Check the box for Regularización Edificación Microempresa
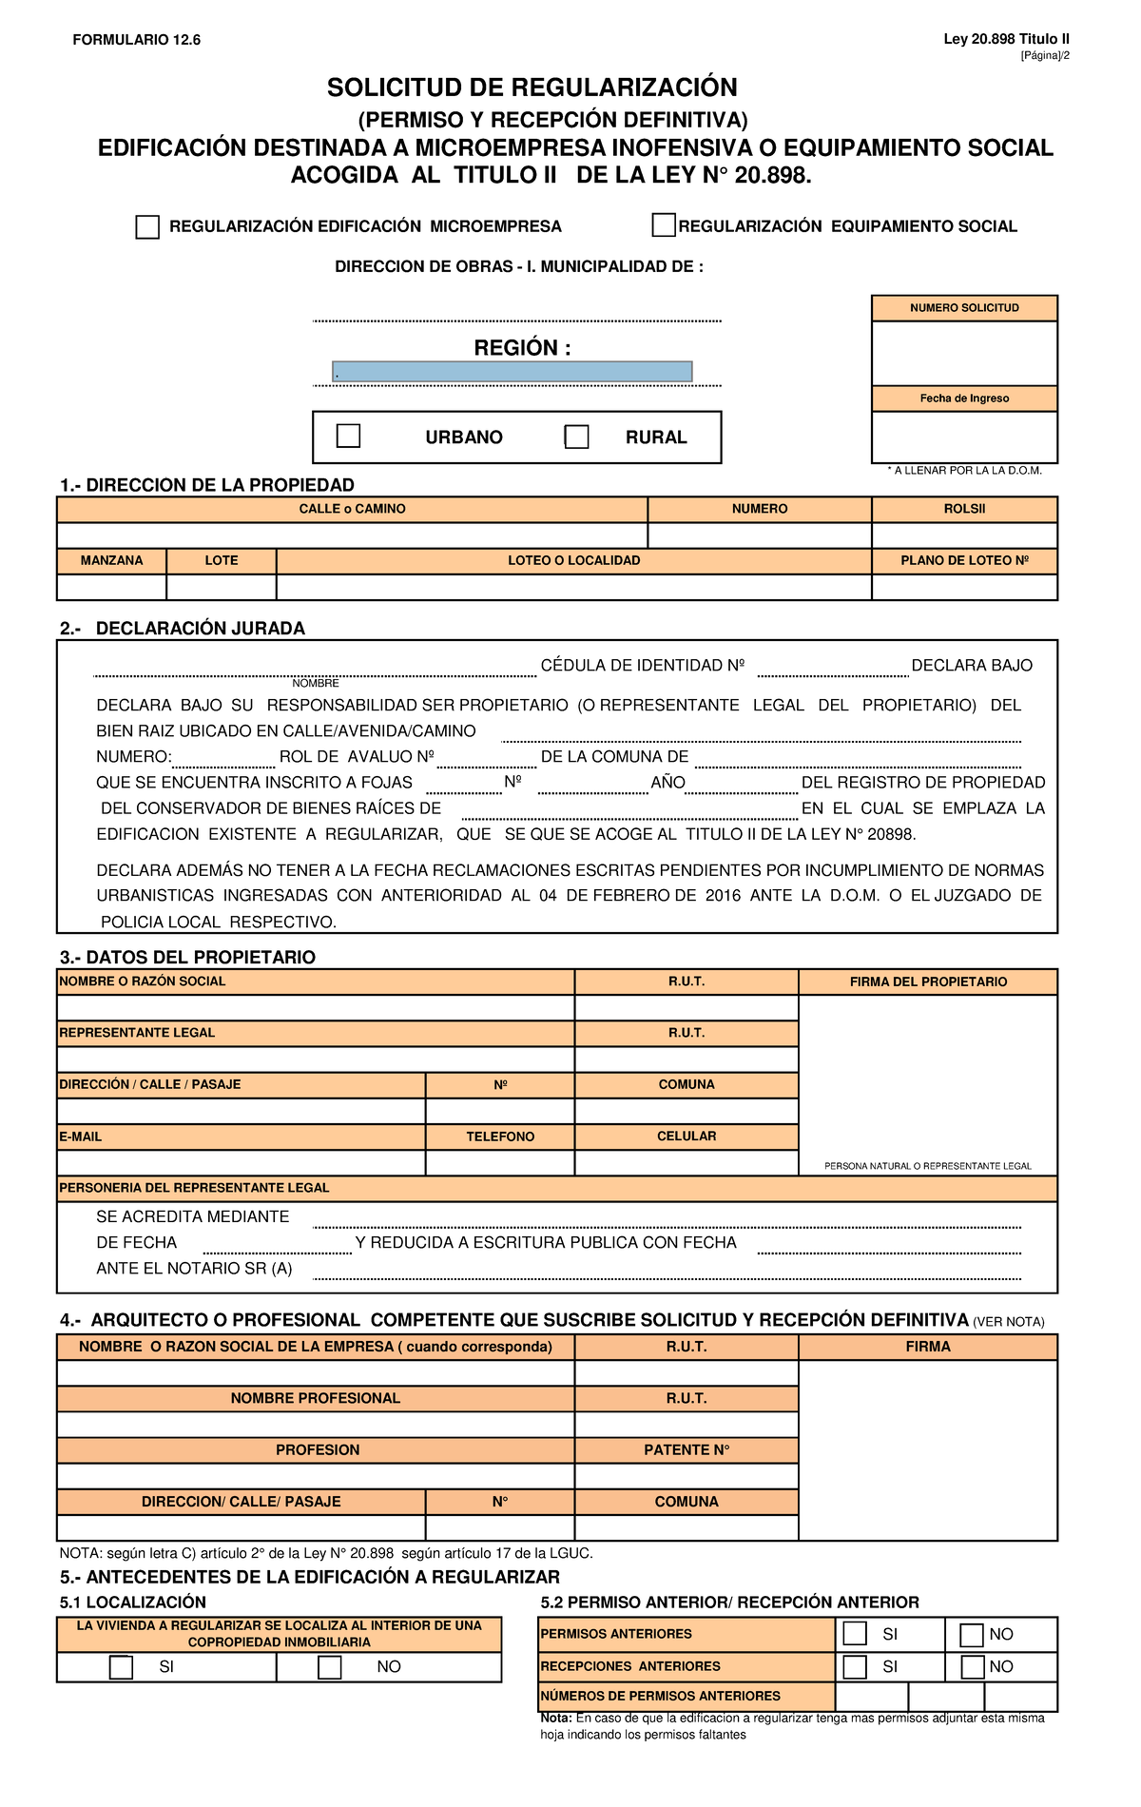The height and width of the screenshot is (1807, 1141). click(x=147, y=227)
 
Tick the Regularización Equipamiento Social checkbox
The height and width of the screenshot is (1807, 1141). click(x=664, y=225)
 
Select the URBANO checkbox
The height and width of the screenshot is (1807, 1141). click(x=349, y=436)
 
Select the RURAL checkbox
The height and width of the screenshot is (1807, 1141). click(x=577, y=437)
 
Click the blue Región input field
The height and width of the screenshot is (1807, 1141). click(x=512, y=372)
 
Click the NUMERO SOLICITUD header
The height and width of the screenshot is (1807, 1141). click(x=964, y=308)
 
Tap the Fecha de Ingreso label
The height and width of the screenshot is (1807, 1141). click(x=964, y=398)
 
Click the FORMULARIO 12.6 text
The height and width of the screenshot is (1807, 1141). click(x=137, y=40)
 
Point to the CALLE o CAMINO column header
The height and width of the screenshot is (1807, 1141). click(x=352, y=509)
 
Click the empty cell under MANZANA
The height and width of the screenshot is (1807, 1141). click(x=111, y=587)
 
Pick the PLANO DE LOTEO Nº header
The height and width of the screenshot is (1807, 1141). click(x=964, y=560)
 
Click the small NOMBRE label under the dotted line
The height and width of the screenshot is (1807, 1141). click(x=316, y=683)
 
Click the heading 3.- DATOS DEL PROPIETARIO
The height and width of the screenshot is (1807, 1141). click(x=187, y=957)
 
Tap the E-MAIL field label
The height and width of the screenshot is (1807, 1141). click(x=81, y=1137)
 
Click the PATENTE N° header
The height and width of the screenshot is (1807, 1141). click(x=687, y=1449)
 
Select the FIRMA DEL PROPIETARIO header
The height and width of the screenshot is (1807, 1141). click(x=928, y=981)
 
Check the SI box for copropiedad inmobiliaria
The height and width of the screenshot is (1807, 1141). click(x=121, y=1667)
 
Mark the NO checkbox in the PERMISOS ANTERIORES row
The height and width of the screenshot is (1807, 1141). click(x=971, y=1635)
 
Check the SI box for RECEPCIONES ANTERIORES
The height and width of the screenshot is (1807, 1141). click(x=855, y=1667)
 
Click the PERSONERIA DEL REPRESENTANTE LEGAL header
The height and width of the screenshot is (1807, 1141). click(x=194, y=1188)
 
